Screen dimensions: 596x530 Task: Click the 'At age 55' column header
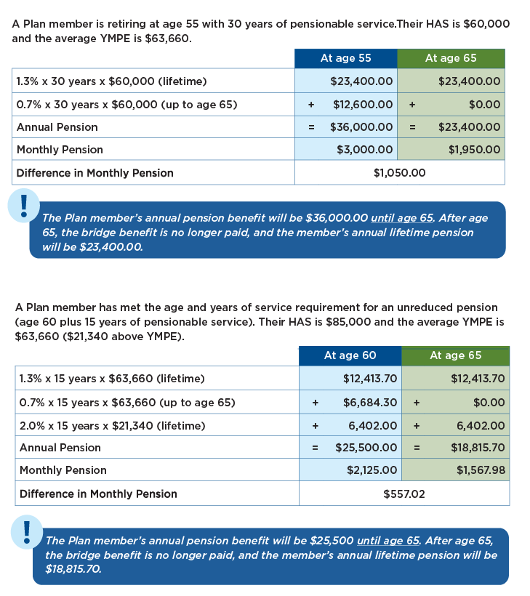click(x=346, y=58)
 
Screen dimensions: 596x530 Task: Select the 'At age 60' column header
click(x=350, y=355)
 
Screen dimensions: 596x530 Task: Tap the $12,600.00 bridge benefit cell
click(x=363, y=105)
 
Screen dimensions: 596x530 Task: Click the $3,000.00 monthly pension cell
click(x=365, y=150)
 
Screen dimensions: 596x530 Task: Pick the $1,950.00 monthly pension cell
click(x=474, y=150)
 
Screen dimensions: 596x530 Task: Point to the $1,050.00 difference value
click(x=399, y=173)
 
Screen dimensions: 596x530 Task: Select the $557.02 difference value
click(x=403, y=494)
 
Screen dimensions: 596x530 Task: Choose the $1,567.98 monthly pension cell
click(x=480, y=470)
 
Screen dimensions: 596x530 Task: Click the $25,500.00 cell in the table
click(x=366, y=448)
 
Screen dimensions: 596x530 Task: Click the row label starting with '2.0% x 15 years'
click(x=112, y=426)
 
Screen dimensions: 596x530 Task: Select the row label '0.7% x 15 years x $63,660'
click(x=127, y=403)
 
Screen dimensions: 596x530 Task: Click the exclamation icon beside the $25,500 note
click(x=27, y=532)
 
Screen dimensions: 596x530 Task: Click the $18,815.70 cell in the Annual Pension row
click(x=478, y=448)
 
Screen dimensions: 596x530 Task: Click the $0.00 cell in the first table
click(x=484, y=105)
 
